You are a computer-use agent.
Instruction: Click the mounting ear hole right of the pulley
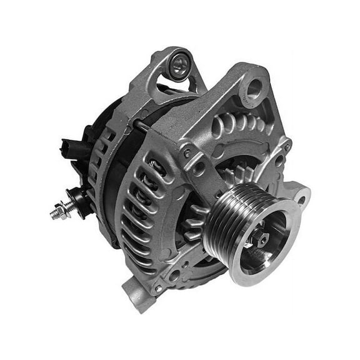pyautogui.click(x=302, y=200)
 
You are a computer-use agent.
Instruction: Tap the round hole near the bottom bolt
pyautogui.click(x=174, y=274)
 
